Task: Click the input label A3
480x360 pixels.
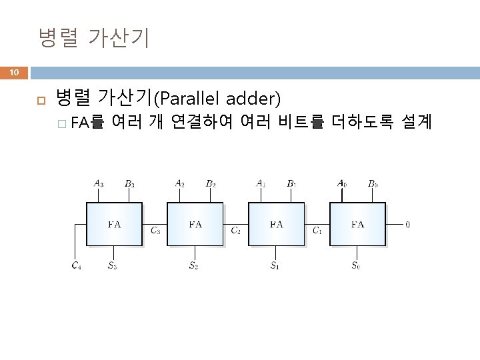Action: click(99, 183)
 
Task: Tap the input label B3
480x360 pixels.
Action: click(129, 183)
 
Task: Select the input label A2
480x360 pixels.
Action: click(180, 183)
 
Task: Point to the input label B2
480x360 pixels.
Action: click(211, 183)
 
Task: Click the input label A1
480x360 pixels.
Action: click(261, 183)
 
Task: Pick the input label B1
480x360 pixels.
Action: click(292, 183)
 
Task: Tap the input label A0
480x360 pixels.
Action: click(342, 183)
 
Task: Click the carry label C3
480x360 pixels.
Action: click(155, 231)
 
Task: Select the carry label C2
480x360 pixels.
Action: click(236, 231)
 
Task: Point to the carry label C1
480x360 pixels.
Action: click(317, 231)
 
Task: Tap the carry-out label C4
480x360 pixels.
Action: click(77, 266)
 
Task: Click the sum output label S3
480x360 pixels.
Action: click(113, 266)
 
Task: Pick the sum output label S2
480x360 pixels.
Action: click(193, 266)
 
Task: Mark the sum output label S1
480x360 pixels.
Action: click(275, 266)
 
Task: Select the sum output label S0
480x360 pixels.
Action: click(357, 266)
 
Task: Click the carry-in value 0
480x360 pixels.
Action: click(408, 225)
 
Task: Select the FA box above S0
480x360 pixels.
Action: click(358, 225)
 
